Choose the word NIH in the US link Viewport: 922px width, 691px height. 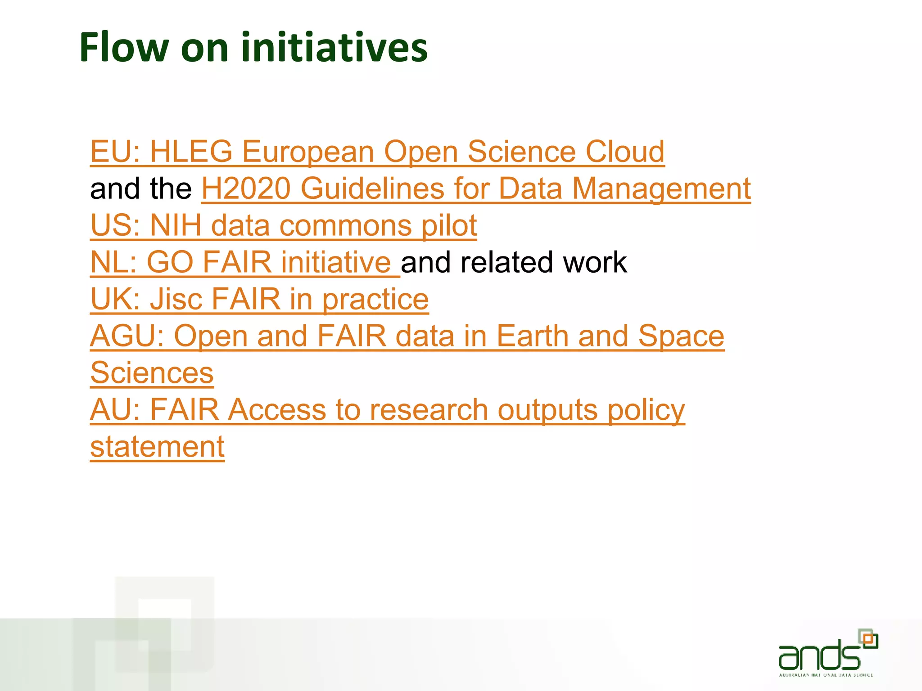tap(176, 225)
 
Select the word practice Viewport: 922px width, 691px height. tap(375, 300)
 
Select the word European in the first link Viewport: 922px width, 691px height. tap(308, 151)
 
